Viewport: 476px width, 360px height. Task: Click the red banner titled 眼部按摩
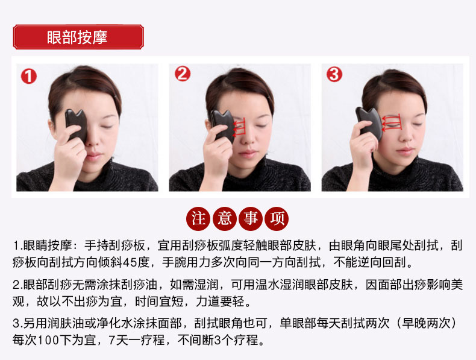78,37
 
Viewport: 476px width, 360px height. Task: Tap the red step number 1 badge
29,76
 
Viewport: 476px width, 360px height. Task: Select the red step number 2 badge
183,74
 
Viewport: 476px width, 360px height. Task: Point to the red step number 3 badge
334,74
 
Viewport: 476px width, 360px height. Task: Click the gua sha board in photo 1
76,125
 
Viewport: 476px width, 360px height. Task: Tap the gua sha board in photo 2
223,126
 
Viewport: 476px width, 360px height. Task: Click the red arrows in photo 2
239,127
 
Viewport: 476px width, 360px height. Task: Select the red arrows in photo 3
392,123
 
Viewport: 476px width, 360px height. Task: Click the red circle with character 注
198,218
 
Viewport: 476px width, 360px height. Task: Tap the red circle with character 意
224,218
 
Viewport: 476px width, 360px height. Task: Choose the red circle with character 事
251,218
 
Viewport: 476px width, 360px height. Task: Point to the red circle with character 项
277,218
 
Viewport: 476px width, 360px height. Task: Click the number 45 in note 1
130,262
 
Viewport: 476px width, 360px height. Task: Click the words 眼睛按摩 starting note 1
48,245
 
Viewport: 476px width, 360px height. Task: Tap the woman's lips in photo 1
94,156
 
